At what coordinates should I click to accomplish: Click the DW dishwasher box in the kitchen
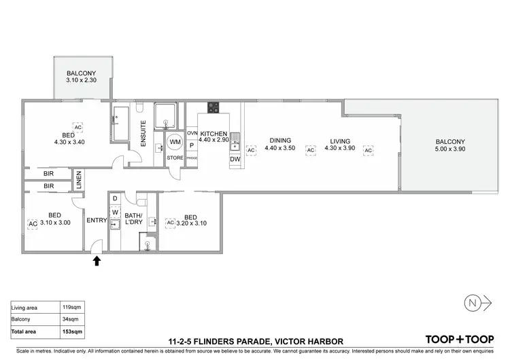click(235, 159)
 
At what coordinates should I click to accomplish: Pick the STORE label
click(175, 158)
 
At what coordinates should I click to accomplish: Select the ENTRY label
click(96, 219)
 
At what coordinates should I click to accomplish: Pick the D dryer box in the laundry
click(115, 198)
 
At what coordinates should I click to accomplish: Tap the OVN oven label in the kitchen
click(192, 134)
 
